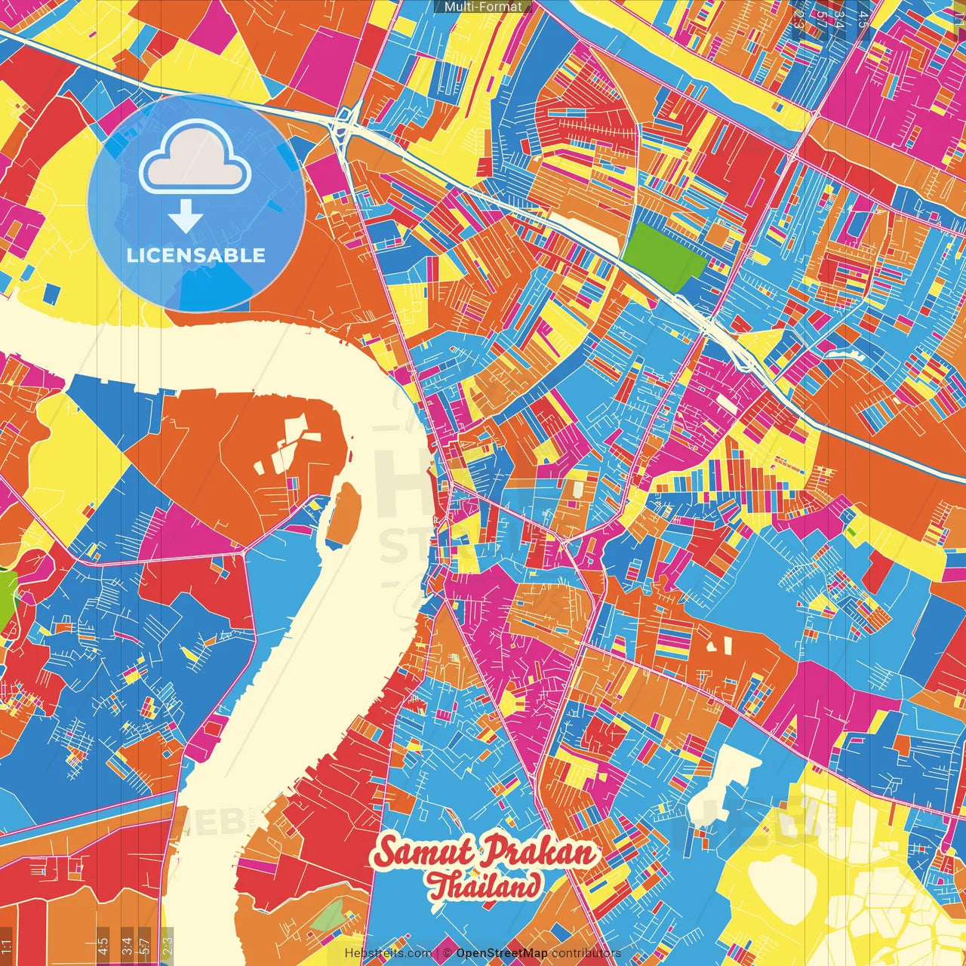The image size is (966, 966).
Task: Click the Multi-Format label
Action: click(483, 7)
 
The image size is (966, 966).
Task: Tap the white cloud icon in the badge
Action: click(195, 159)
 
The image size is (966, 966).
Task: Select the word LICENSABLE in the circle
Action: click(196, 255)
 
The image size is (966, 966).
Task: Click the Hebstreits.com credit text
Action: click(388, 953)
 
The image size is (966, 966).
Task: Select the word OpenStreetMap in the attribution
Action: click(502, 953)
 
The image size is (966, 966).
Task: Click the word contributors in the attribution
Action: click(586, 953)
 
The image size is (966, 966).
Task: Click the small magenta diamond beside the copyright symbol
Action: click(438, 953)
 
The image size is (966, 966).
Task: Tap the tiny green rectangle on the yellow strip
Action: click(851, 531)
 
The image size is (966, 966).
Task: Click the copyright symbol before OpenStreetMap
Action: click(448, 953)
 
